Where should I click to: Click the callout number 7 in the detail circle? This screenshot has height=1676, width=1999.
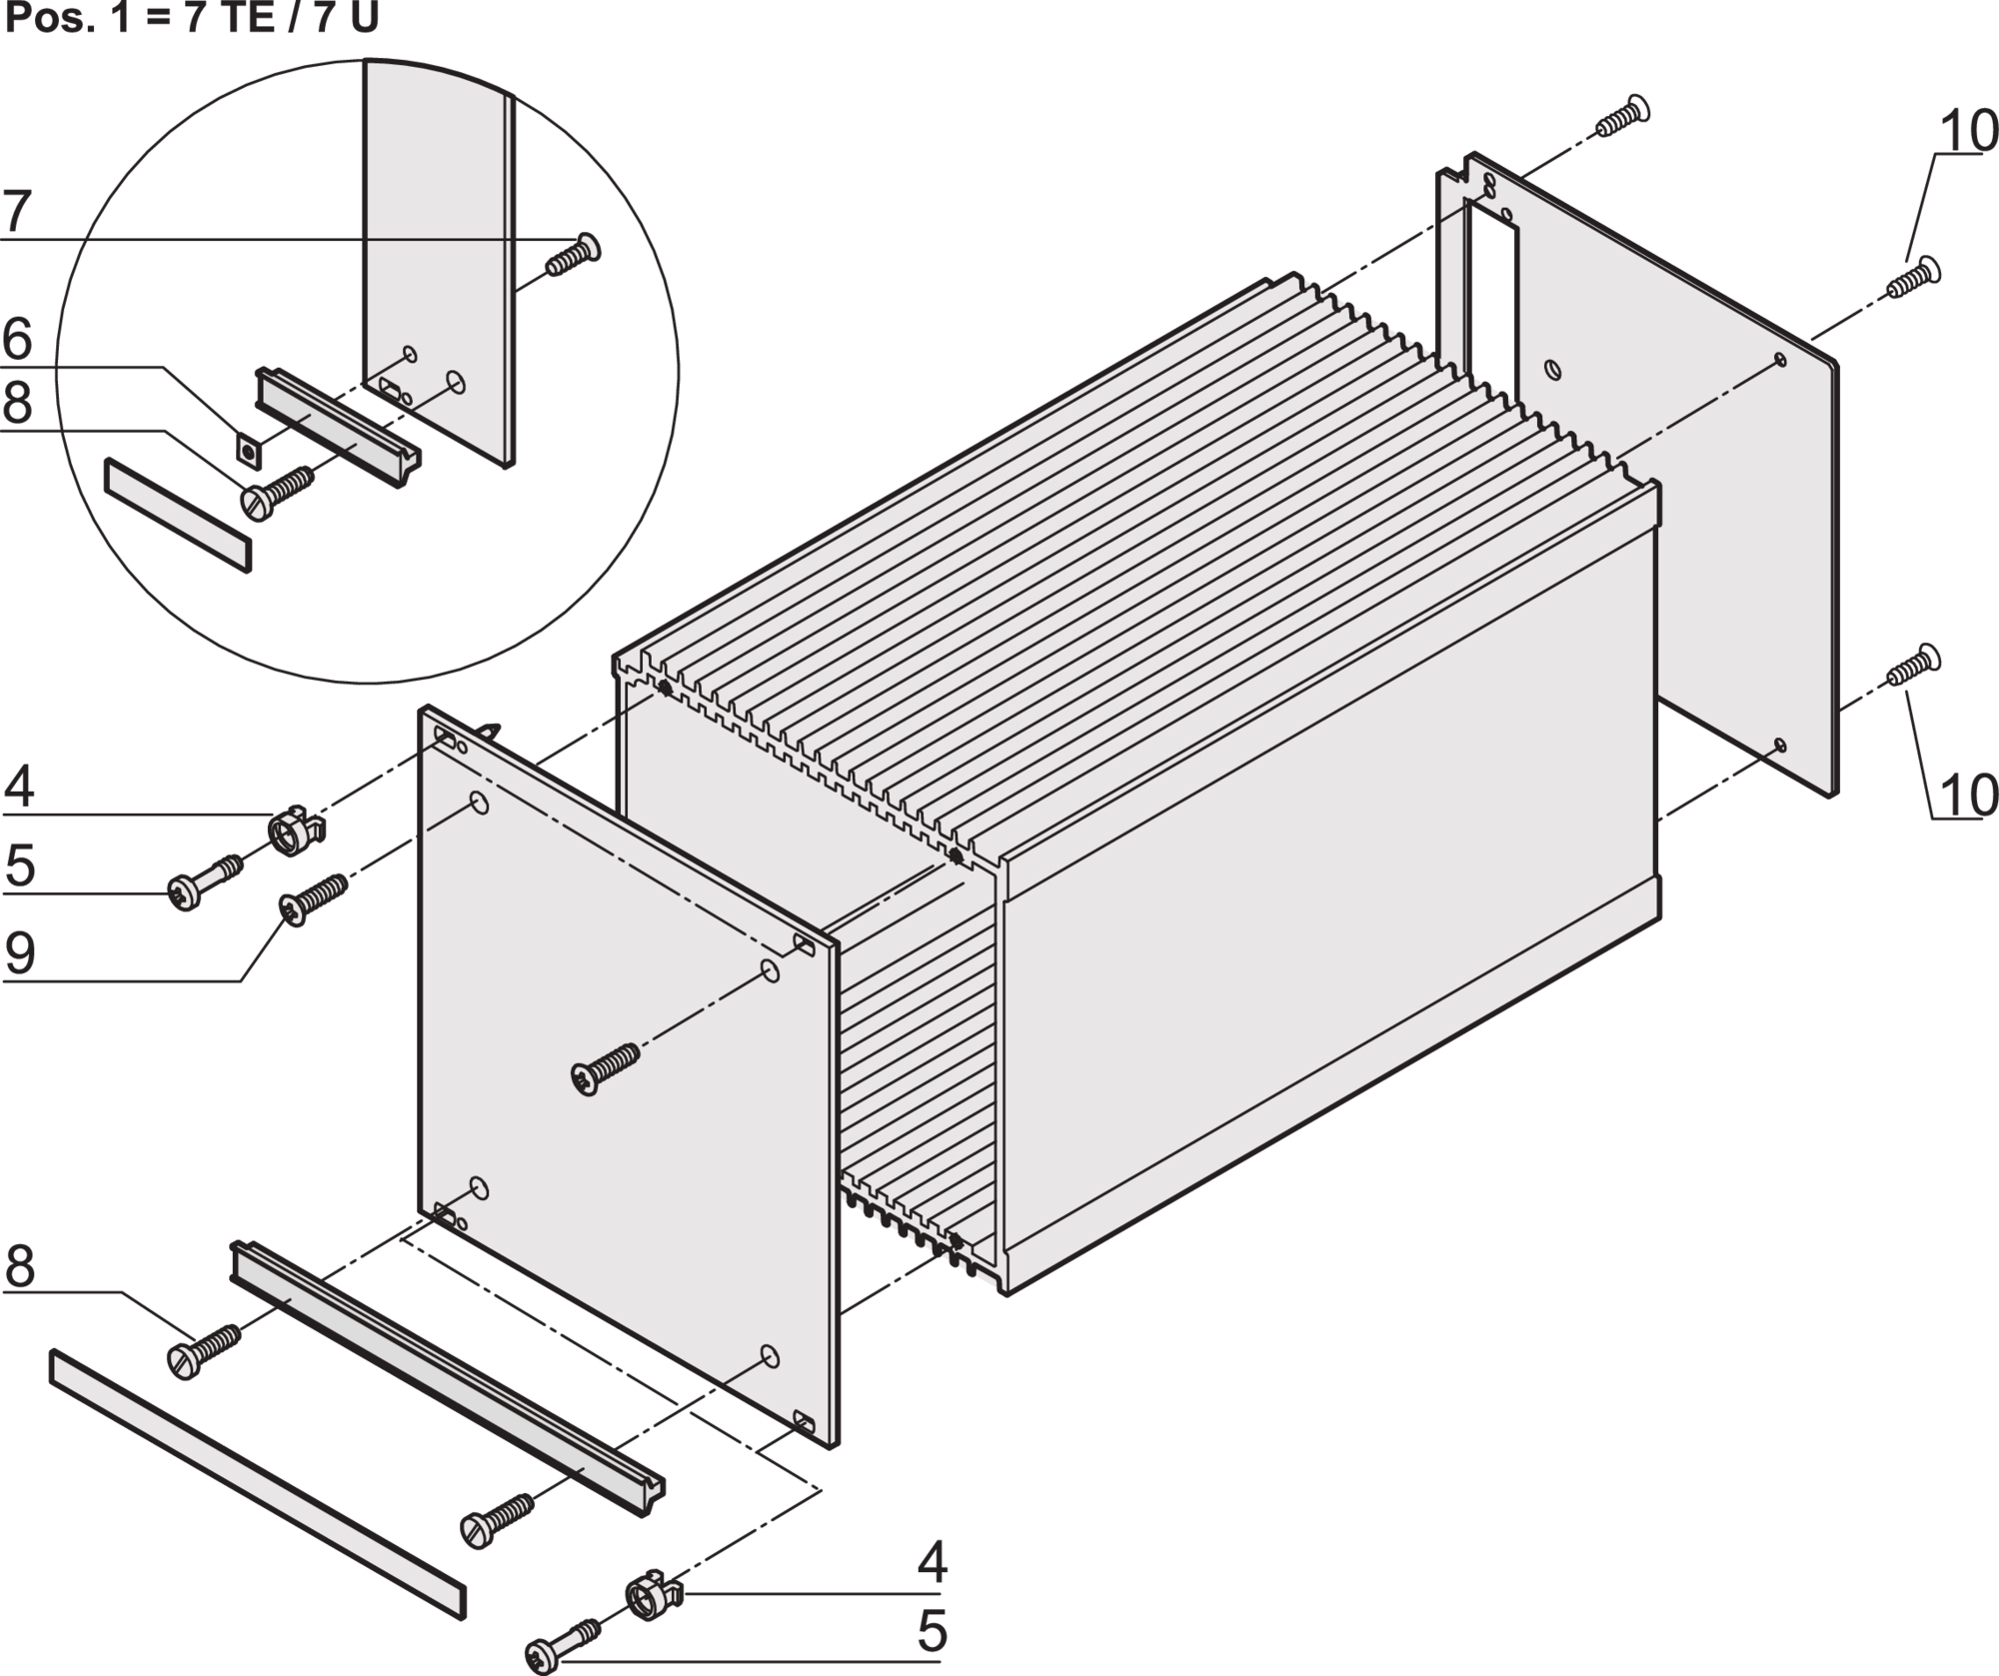click(17, 212)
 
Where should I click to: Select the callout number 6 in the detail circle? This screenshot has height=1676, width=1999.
click(17, 340)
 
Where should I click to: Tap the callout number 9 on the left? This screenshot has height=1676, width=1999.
click(20, 952)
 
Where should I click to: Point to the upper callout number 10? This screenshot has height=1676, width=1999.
click(1968, 131)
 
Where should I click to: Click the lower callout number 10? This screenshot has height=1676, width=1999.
click(1968, 796)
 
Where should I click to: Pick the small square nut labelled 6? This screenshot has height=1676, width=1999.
click(247, 450)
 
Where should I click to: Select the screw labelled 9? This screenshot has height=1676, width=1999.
click(312, 897)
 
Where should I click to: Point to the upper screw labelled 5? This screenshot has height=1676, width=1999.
click(205, 879)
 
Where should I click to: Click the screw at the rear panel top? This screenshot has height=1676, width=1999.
click(1619, 117)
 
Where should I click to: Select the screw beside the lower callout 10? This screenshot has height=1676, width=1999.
click(1912, 667)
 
